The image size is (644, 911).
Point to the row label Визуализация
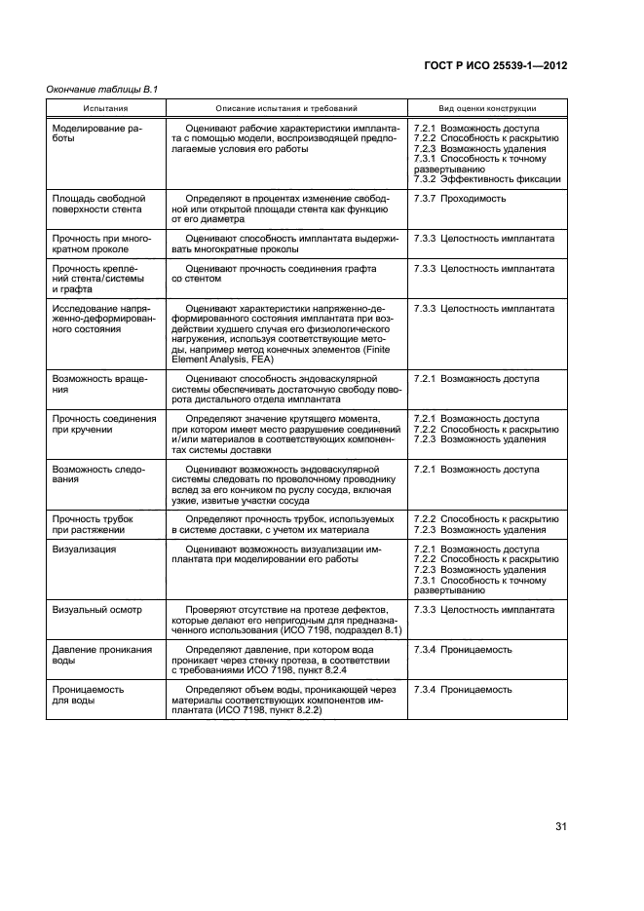pyautogui.click(x=84, y=550)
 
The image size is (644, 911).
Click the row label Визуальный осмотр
pyautogui.click(x=95, y=609)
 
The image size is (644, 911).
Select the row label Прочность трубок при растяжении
pyautogui.click(x=91, y=525)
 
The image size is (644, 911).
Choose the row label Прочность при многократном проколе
pyautogui.click(x=99, y=244)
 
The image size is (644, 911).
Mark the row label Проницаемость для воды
pyautogui.click(x=87, y=696)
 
